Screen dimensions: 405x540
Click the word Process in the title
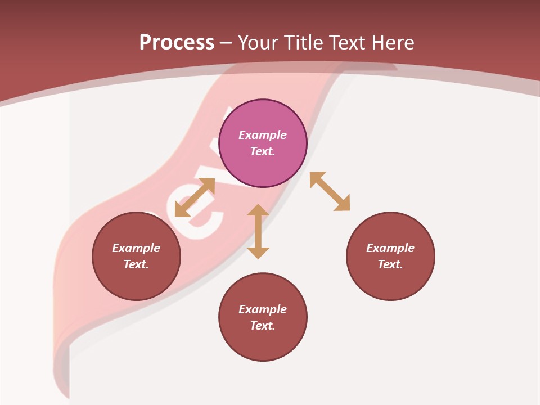(x=177, y=43)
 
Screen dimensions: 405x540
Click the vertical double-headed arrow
(x=258, y=231)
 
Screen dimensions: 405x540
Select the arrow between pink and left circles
(x=195, y=197)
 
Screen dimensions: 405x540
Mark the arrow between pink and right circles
(x=330, y=191)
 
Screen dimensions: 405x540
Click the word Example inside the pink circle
(x=263, y=135)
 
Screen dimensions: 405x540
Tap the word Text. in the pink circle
(x=263, y=151)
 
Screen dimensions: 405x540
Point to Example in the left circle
(x=136, y=248)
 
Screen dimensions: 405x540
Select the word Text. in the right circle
(x=390, y=264)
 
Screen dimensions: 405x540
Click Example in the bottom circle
(x=263, y=309)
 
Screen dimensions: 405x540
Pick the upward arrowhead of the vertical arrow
(x=258, y=210)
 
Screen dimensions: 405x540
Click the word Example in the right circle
(x=390, y=248)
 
